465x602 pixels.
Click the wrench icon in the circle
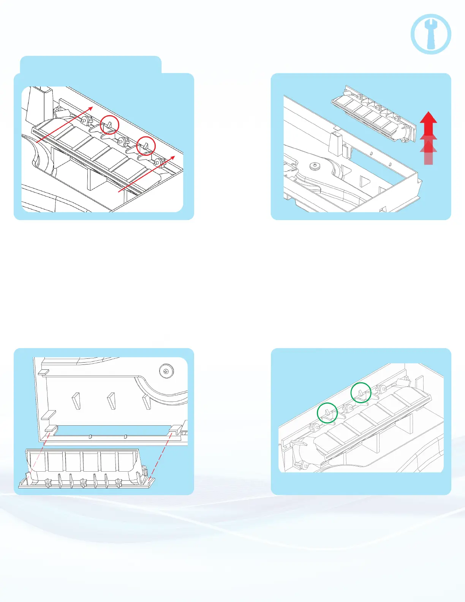pos(431,34)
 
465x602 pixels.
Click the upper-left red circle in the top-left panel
pos(109,125)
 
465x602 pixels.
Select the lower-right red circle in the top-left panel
pos(146,145)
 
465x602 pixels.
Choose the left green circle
pos(327,413)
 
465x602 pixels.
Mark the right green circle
pos(361,393)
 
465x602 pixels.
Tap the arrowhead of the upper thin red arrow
pos(91,108)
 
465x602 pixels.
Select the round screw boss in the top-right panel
pos(315,166)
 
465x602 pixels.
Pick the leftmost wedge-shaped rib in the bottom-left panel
pos(76,401)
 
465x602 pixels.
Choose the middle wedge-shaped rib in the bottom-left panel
pos(111,401)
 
